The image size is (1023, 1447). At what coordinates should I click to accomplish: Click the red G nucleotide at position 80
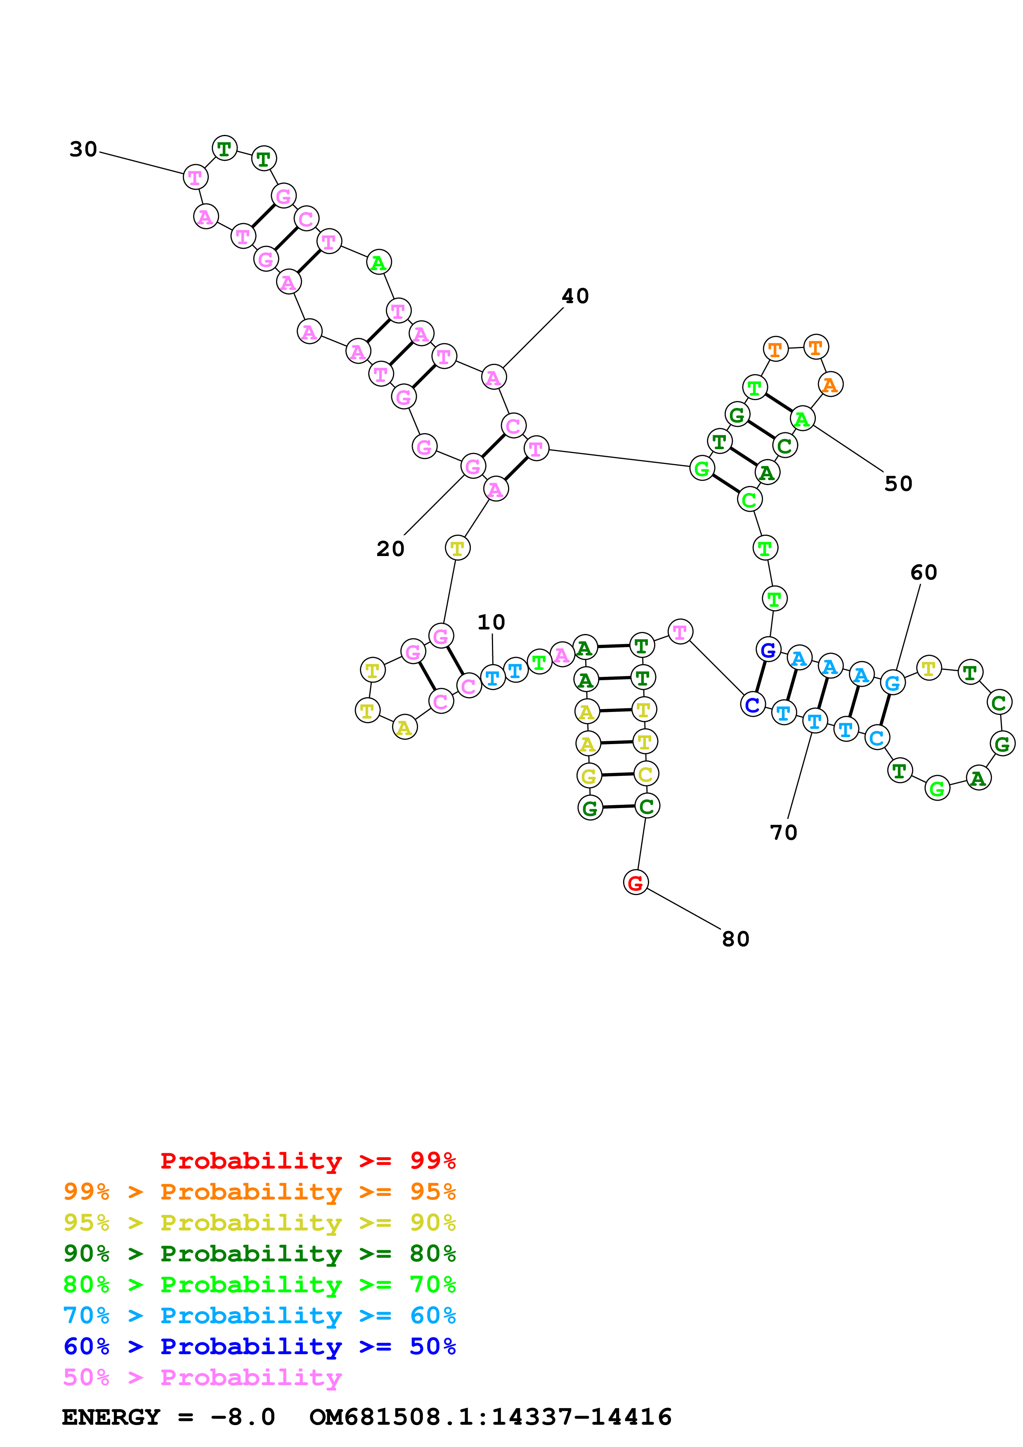[x=636, y=882]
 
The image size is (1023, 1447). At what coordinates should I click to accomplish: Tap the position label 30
[x=83, y=149]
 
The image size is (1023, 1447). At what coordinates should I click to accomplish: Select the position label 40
[x=575, y=296]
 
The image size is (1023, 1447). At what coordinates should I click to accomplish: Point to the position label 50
[x=898, y=484]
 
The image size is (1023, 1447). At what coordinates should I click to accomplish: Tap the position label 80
[x=735, y=939]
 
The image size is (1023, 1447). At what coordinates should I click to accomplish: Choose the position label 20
[x=390, y=549]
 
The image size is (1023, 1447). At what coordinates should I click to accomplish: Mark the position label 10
[x=491, y=623]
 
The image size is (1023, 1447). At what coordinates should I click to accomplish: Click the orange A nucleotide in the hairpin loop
[x=830, y=384]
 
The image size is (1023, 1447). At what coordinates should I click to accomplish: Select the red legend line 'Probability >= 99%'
[x=307, y=1161]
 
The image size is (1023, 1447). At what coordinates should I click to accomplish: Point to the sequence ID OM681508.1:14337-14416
[x=490, y=1417]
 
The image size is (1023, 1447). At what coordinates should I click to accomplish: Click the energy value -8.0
[x=243, y=1417]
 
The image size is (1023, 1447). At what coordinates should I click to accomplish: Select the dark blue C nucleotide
[x=752, y=705]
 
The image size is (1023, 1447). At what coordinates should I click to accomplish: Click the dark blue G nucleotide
[x=768, y=650]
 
